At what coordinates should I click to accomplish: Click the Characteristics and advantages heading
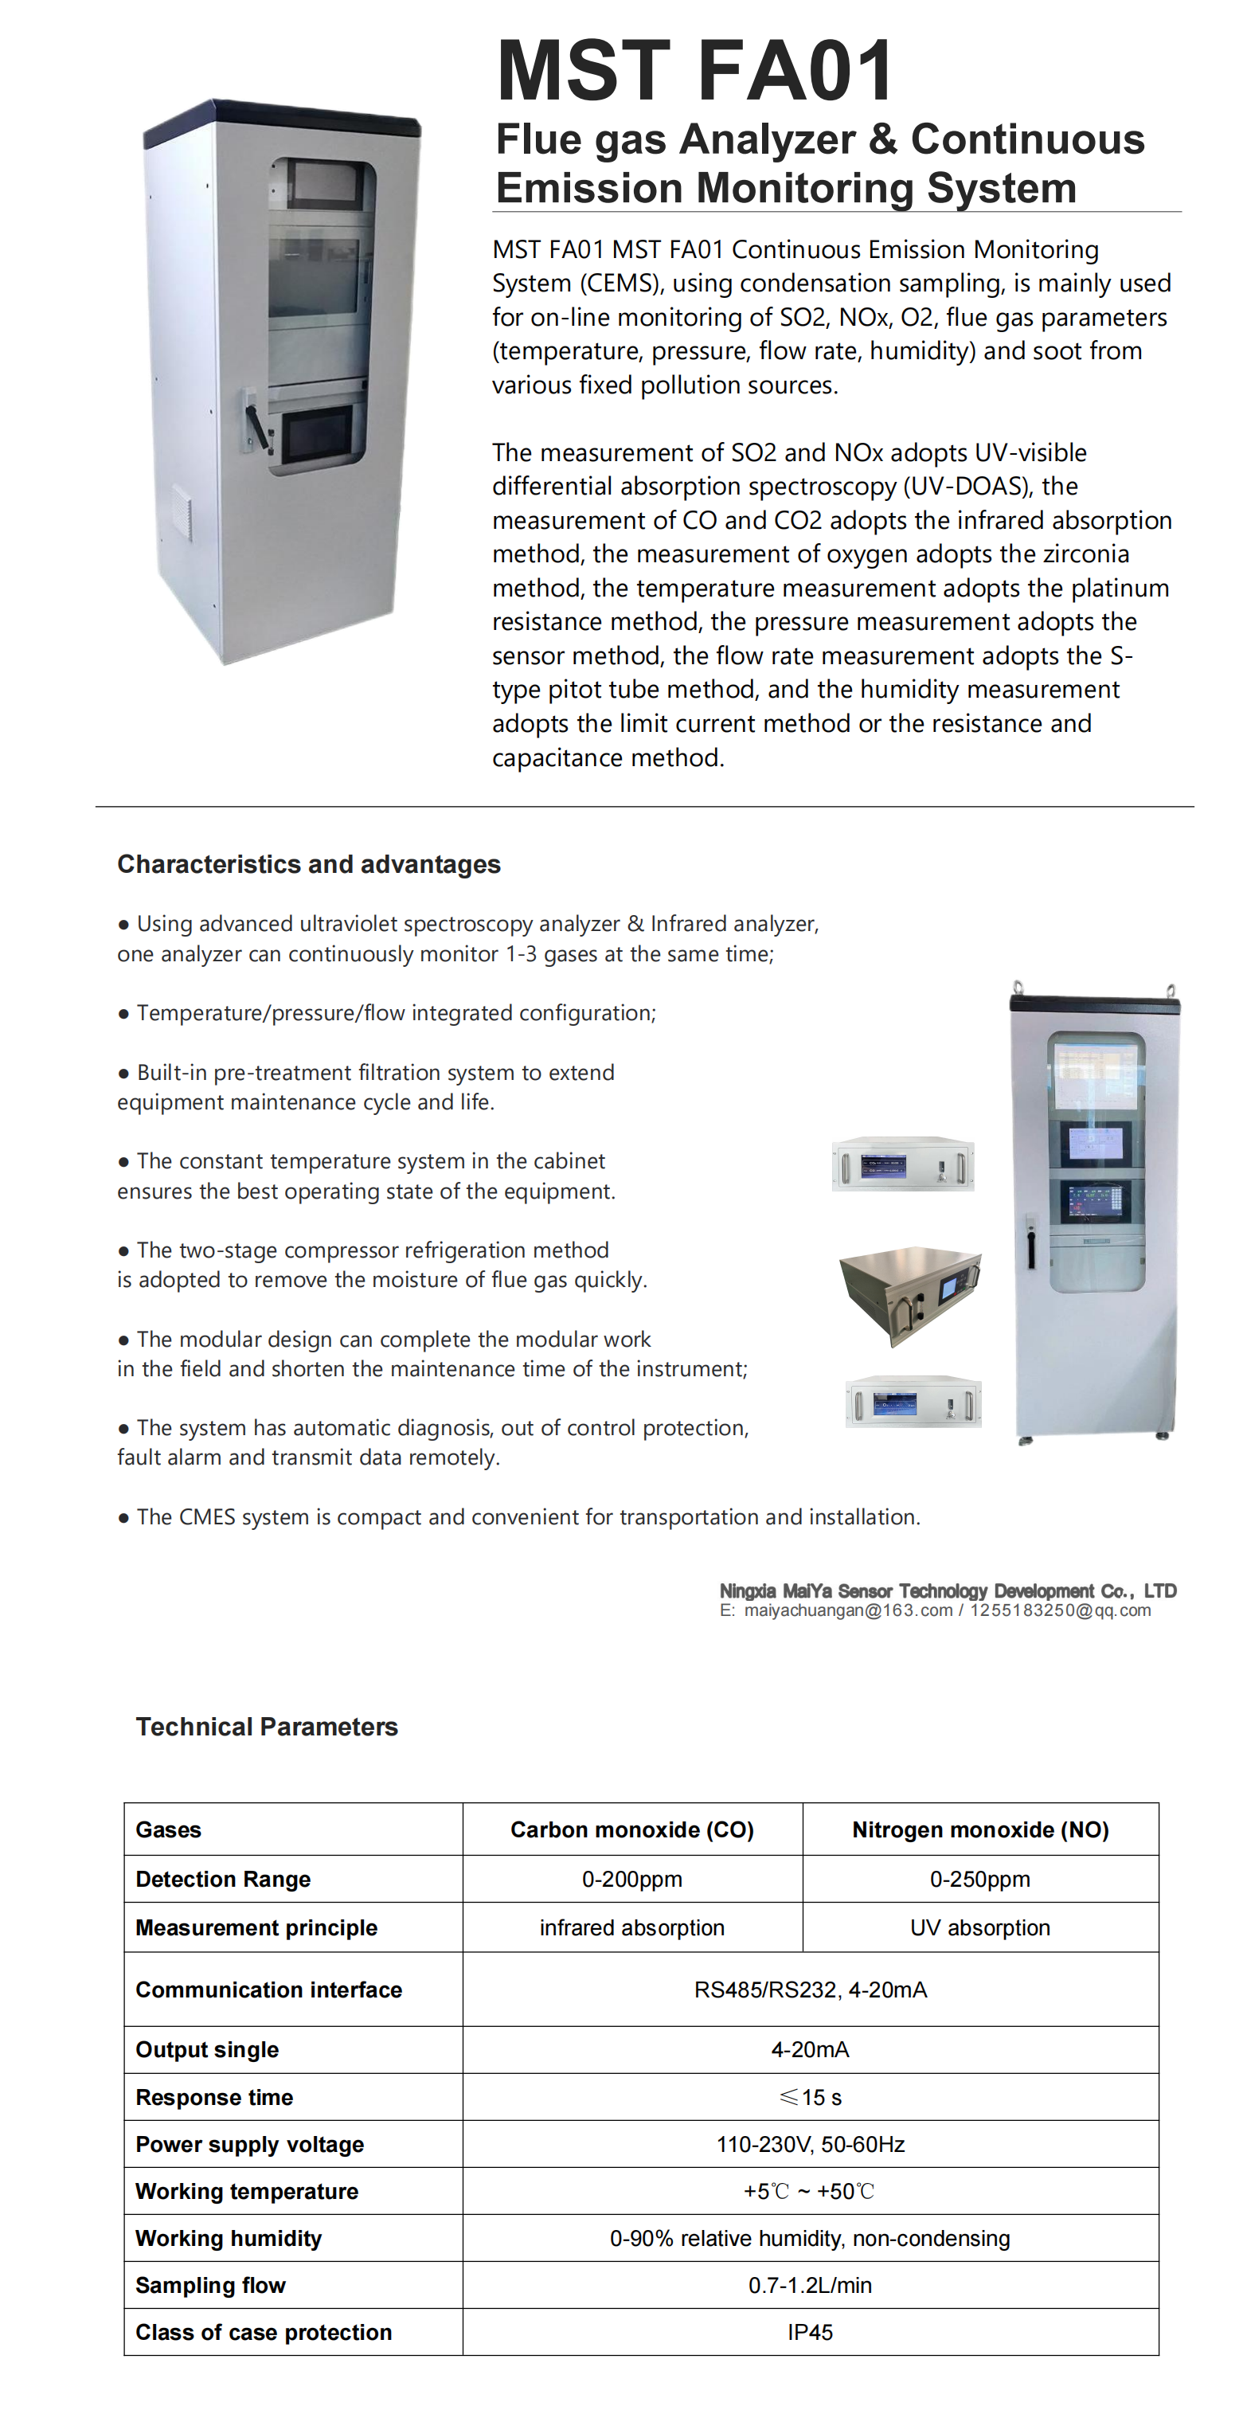(308, 864)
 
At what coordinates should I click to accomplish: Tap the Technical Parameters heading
(266, 1726)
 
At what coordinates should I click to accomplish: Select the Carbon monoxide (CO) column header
(631, 1829)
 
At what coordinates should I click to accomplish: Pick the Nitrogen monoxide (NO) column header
(979, 1829)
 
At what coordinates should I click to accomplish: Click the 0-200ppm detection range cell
(631, 1879)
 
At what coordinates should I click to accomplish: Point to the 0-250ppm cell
(979, 1879)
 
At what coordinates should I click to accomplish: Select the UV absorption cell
(979, 1927)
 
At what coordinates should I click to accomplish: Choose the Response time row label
(213, 2097)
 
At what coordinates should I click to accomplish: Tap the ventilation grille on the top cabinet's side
(182, 514)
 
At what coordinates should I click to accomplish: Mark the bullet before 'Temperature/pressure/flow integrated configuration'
(123, 1014)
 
